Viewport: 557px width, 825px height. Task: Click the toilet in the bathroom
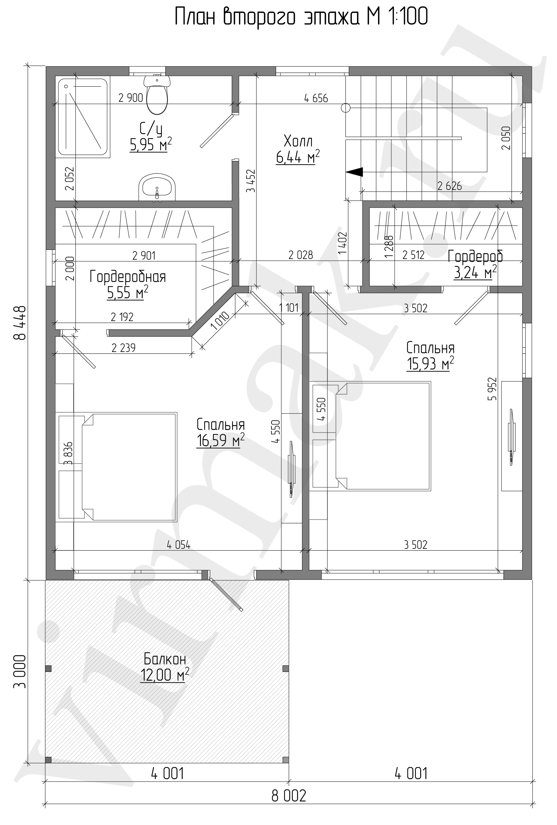(x=157, y=94)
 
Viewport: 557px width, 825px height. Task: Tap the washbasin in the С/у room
(x=157, y=187)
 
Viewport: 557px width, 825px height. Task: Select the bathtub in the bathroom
(x=83, y=118)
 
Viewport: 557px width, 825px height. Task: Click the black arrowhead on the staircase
(x=354, y=172)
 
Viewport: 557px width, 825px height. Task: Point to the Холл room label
(x=298, y=141)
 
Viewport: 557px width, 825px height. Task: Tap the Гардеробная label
(x=128, y=277)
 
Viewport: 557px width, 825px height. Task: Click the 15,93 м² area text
(x=430, y=364)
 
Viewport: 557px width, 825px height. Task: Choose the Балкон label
(x=165, y=659)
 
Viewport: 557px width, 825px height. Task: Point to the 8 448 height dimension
(x=20, y=323)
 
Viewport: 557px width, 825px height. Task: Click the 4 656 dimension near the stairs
(x=316, y=98)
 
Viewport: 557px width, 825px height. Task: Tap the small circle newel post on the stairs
(x=345, y=107)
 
